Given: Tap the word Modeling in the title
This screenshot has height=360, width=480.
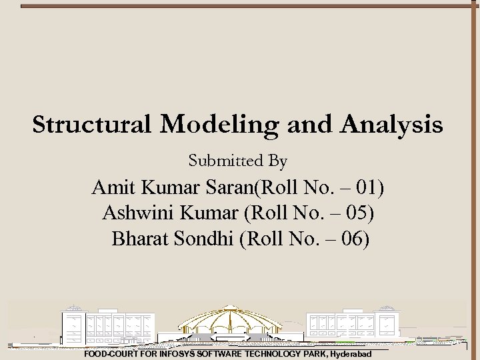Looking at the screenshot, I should coord(213,125).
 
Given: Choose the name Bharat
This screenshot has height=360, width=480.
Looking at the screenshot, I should coord(139,238).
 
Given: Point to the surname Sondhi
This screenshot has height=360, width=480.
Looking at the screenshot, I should coord(201,238).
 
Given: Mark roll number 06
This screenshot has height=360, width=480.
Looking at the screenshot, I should coord(354,238).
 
